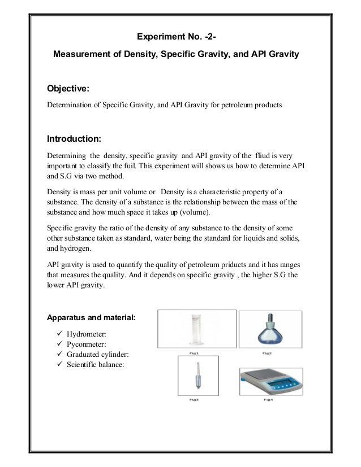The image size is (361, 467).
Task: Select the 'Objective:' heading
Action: tap(68, 89)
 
